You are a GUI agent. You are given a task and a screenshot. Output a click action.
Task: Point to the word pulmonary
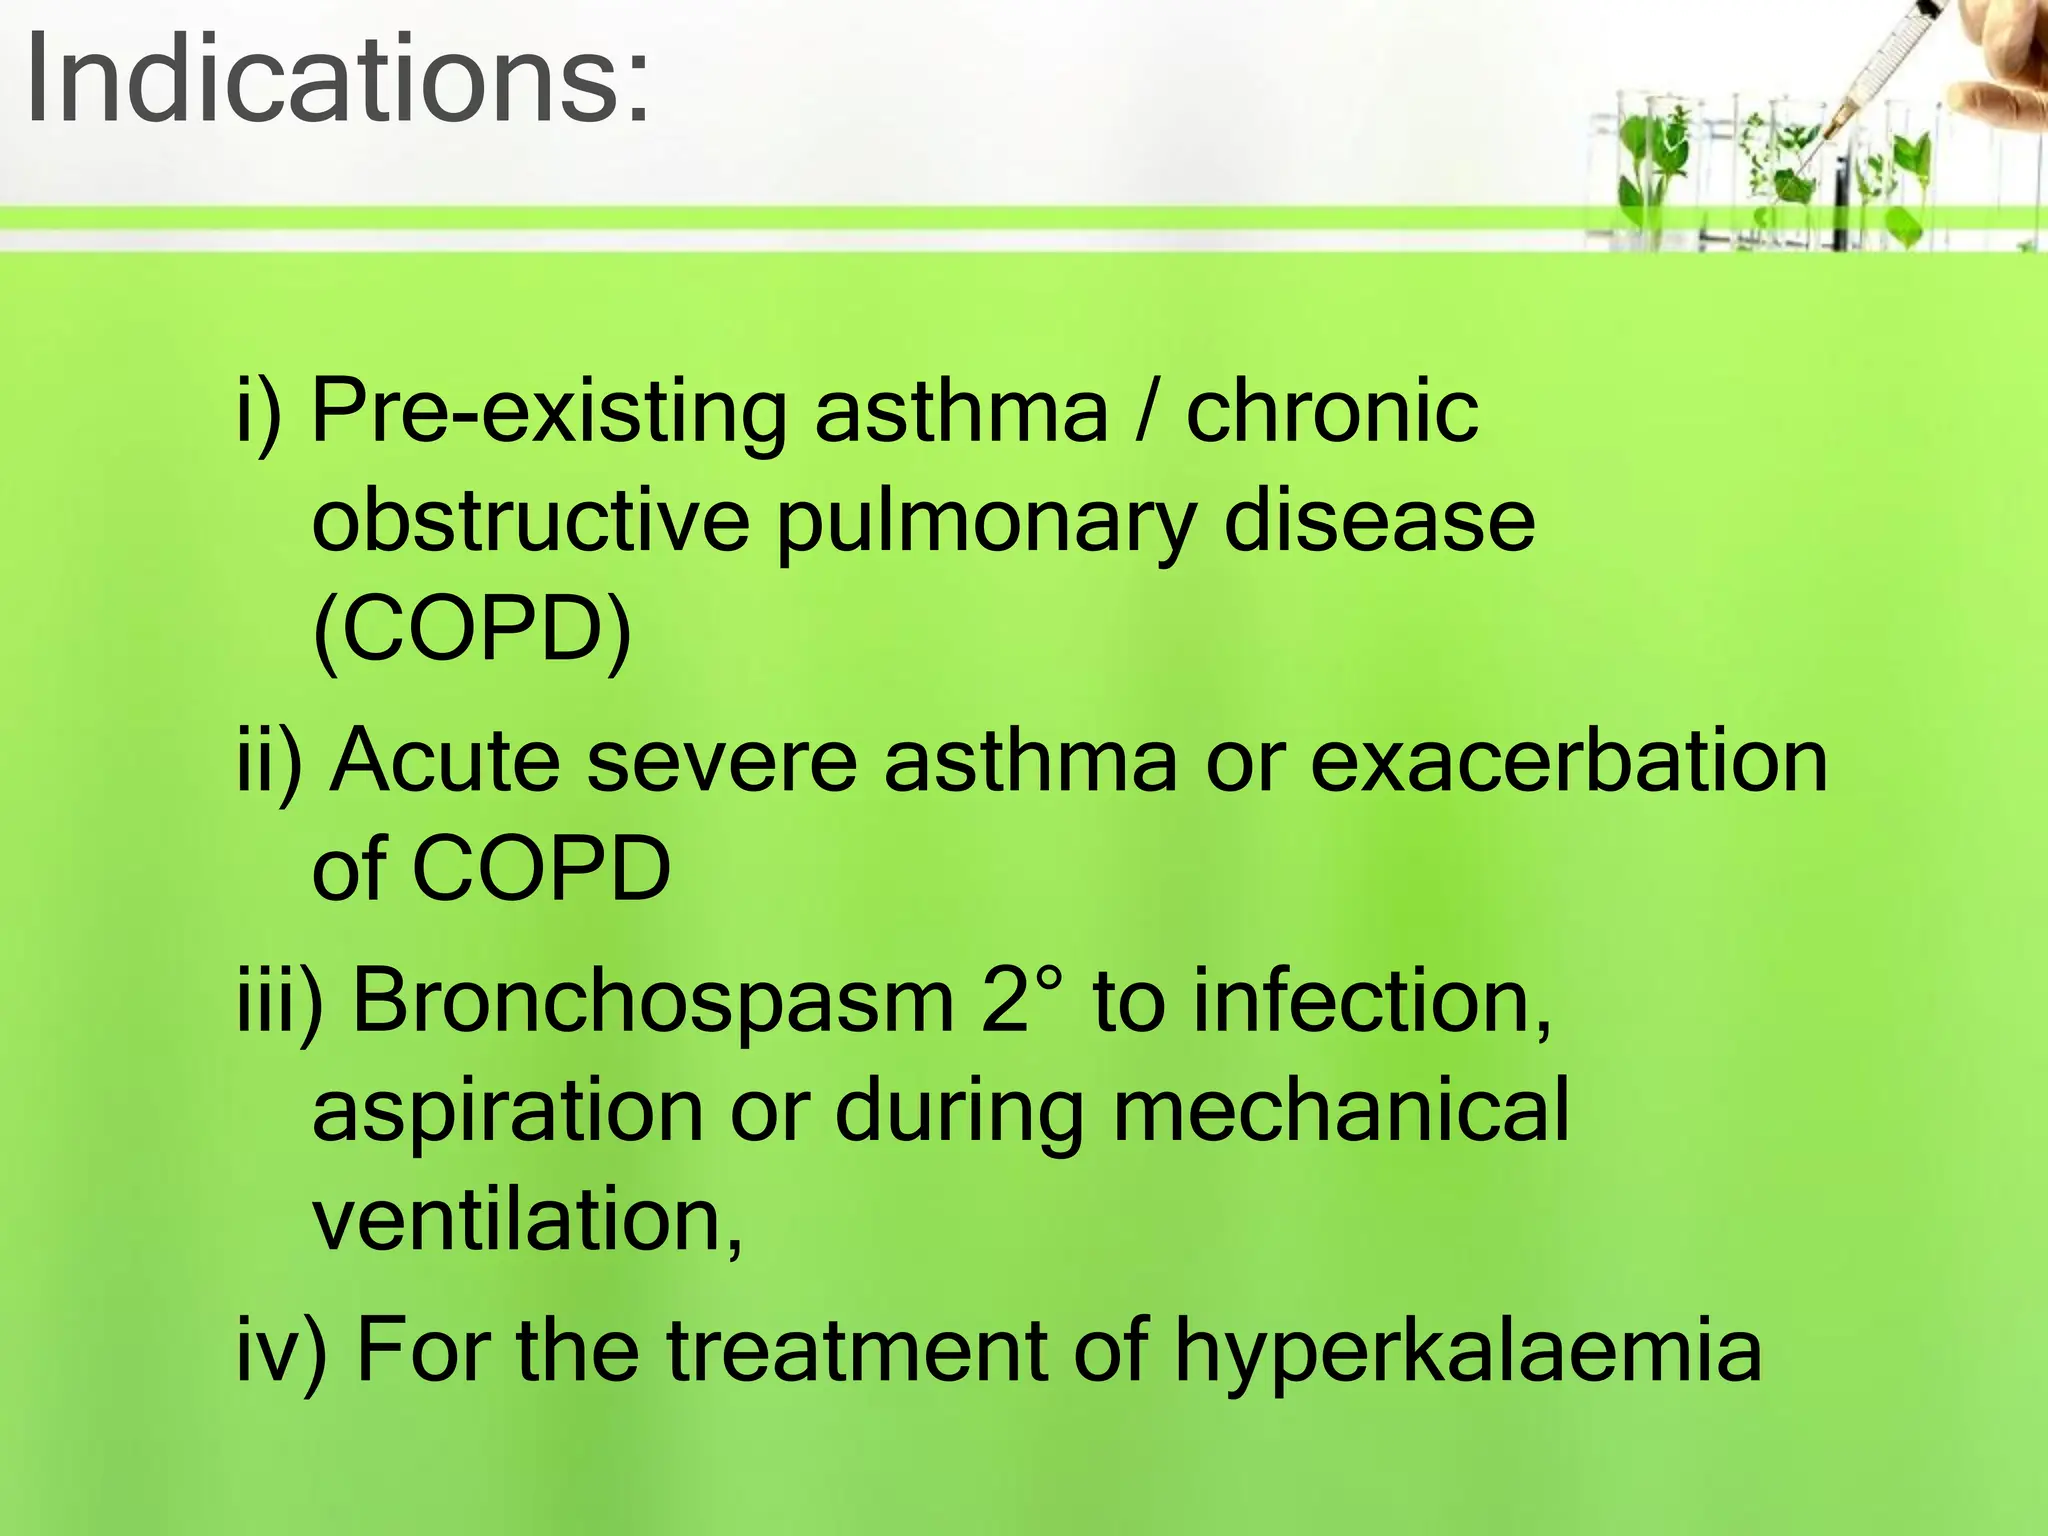pyautogui.click(x=986, y=522)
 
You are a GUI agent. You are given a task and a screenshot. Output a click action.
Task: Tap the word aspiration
pyautogui.click(x=508, y=1112)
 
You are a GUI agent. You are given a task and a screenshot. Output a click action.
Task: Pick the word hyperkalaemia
pyautogui.click(x=1467, y=1352)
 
